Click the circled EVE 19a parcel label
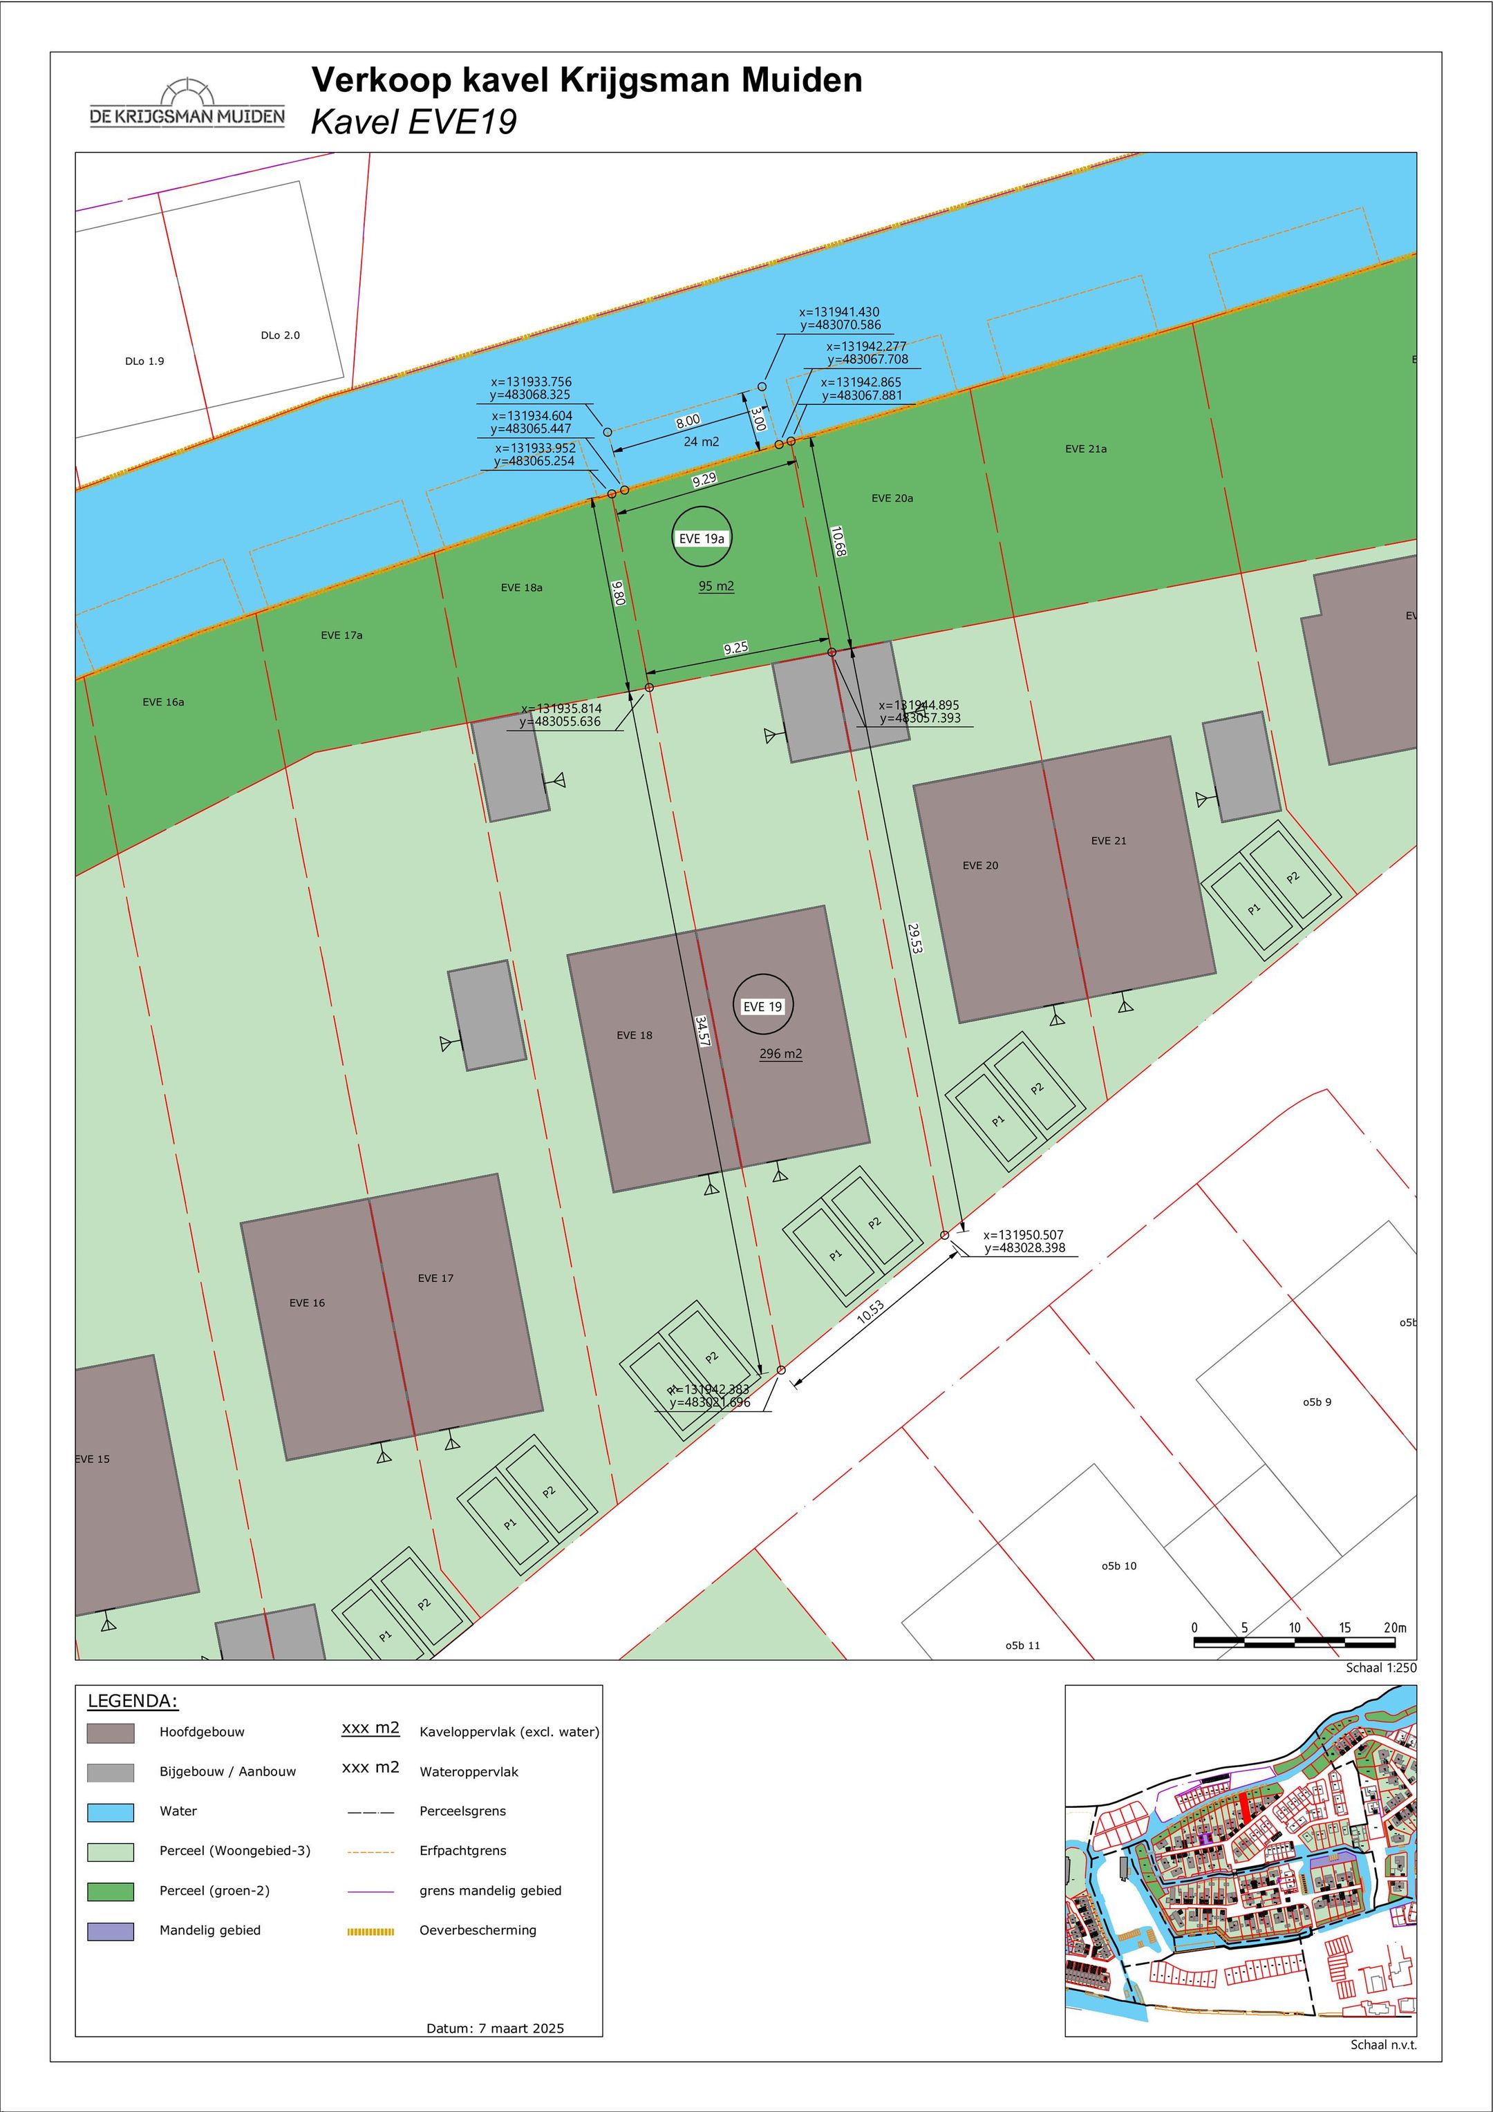point(702,538)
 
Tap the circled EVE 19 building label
point(762,1006)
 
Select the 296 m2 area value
point(780,1054)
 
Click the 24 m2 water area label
point(701,442)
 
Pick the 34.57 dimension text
point(703,1031)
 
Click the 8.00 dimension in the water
point(687,422)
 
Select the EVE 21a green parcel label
point(1085,449)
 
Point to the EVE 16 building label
point(306,1303)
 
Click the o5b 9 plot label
point(1316,1402)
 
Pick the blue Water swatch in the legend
point(111,1812)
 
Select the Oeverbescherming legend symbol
point(370,1932)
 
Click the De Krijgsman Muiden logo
point(187,103)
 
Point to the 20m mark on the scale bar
point(1395,1628)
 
